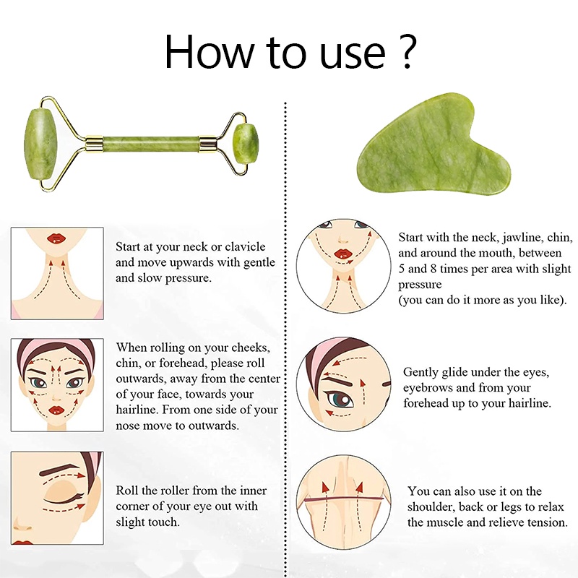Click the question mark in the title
point(408,51)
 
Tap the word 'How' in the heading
point(209,51)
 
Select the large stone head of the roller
point(40,144)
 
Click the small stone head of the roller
point(247,144)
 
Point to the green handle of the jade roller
point(151,144)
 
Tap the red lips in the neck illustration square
point(56,238)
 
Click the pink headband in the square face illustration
point(56,348)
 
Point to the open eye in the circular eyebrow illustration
point(338,399)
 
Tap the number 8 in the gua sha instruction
point(433,269)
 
